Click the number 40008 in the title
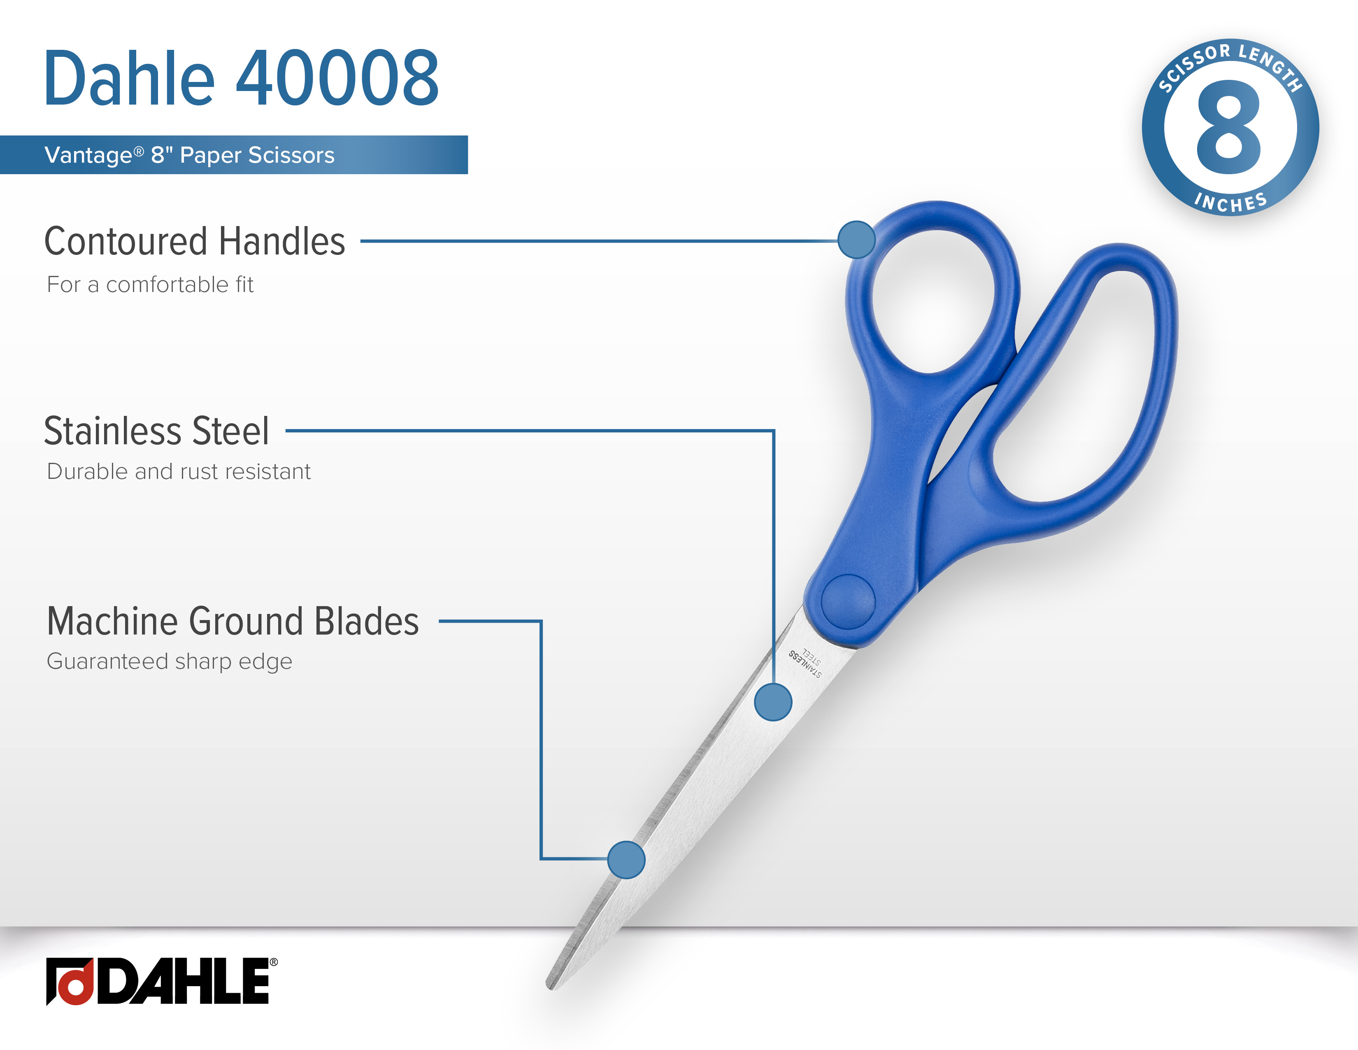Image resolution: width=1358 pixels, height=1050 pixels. pos(337,78)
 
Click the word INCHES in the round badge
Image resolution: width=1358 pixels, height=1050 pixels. pos(1230,203)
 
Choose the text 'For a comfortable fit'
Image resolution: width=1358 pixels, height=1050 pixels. pos(150,285)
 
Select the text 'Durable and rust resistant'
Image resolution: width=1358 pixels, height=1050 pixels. pos(179,471)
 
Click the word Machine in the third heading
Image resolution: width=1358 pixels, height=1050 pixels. pos(112,621)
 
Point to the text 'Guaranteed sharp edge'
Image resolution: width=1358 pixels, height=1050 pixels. pos(169,661)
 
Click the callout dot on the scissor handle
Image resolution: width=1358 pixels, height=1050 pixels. pos(856,240)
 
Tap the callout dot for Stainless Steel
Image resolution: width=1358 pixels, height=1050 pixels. pos(773,702)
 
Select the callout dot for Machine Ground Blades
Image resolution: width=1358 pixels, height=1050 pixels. pos(626,860)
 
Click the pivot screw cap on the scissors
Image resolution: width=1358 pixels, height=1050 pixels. pos(848,601)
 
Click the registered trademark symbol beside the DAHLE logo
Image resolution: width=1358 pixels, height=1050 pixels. pos(274,962)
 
